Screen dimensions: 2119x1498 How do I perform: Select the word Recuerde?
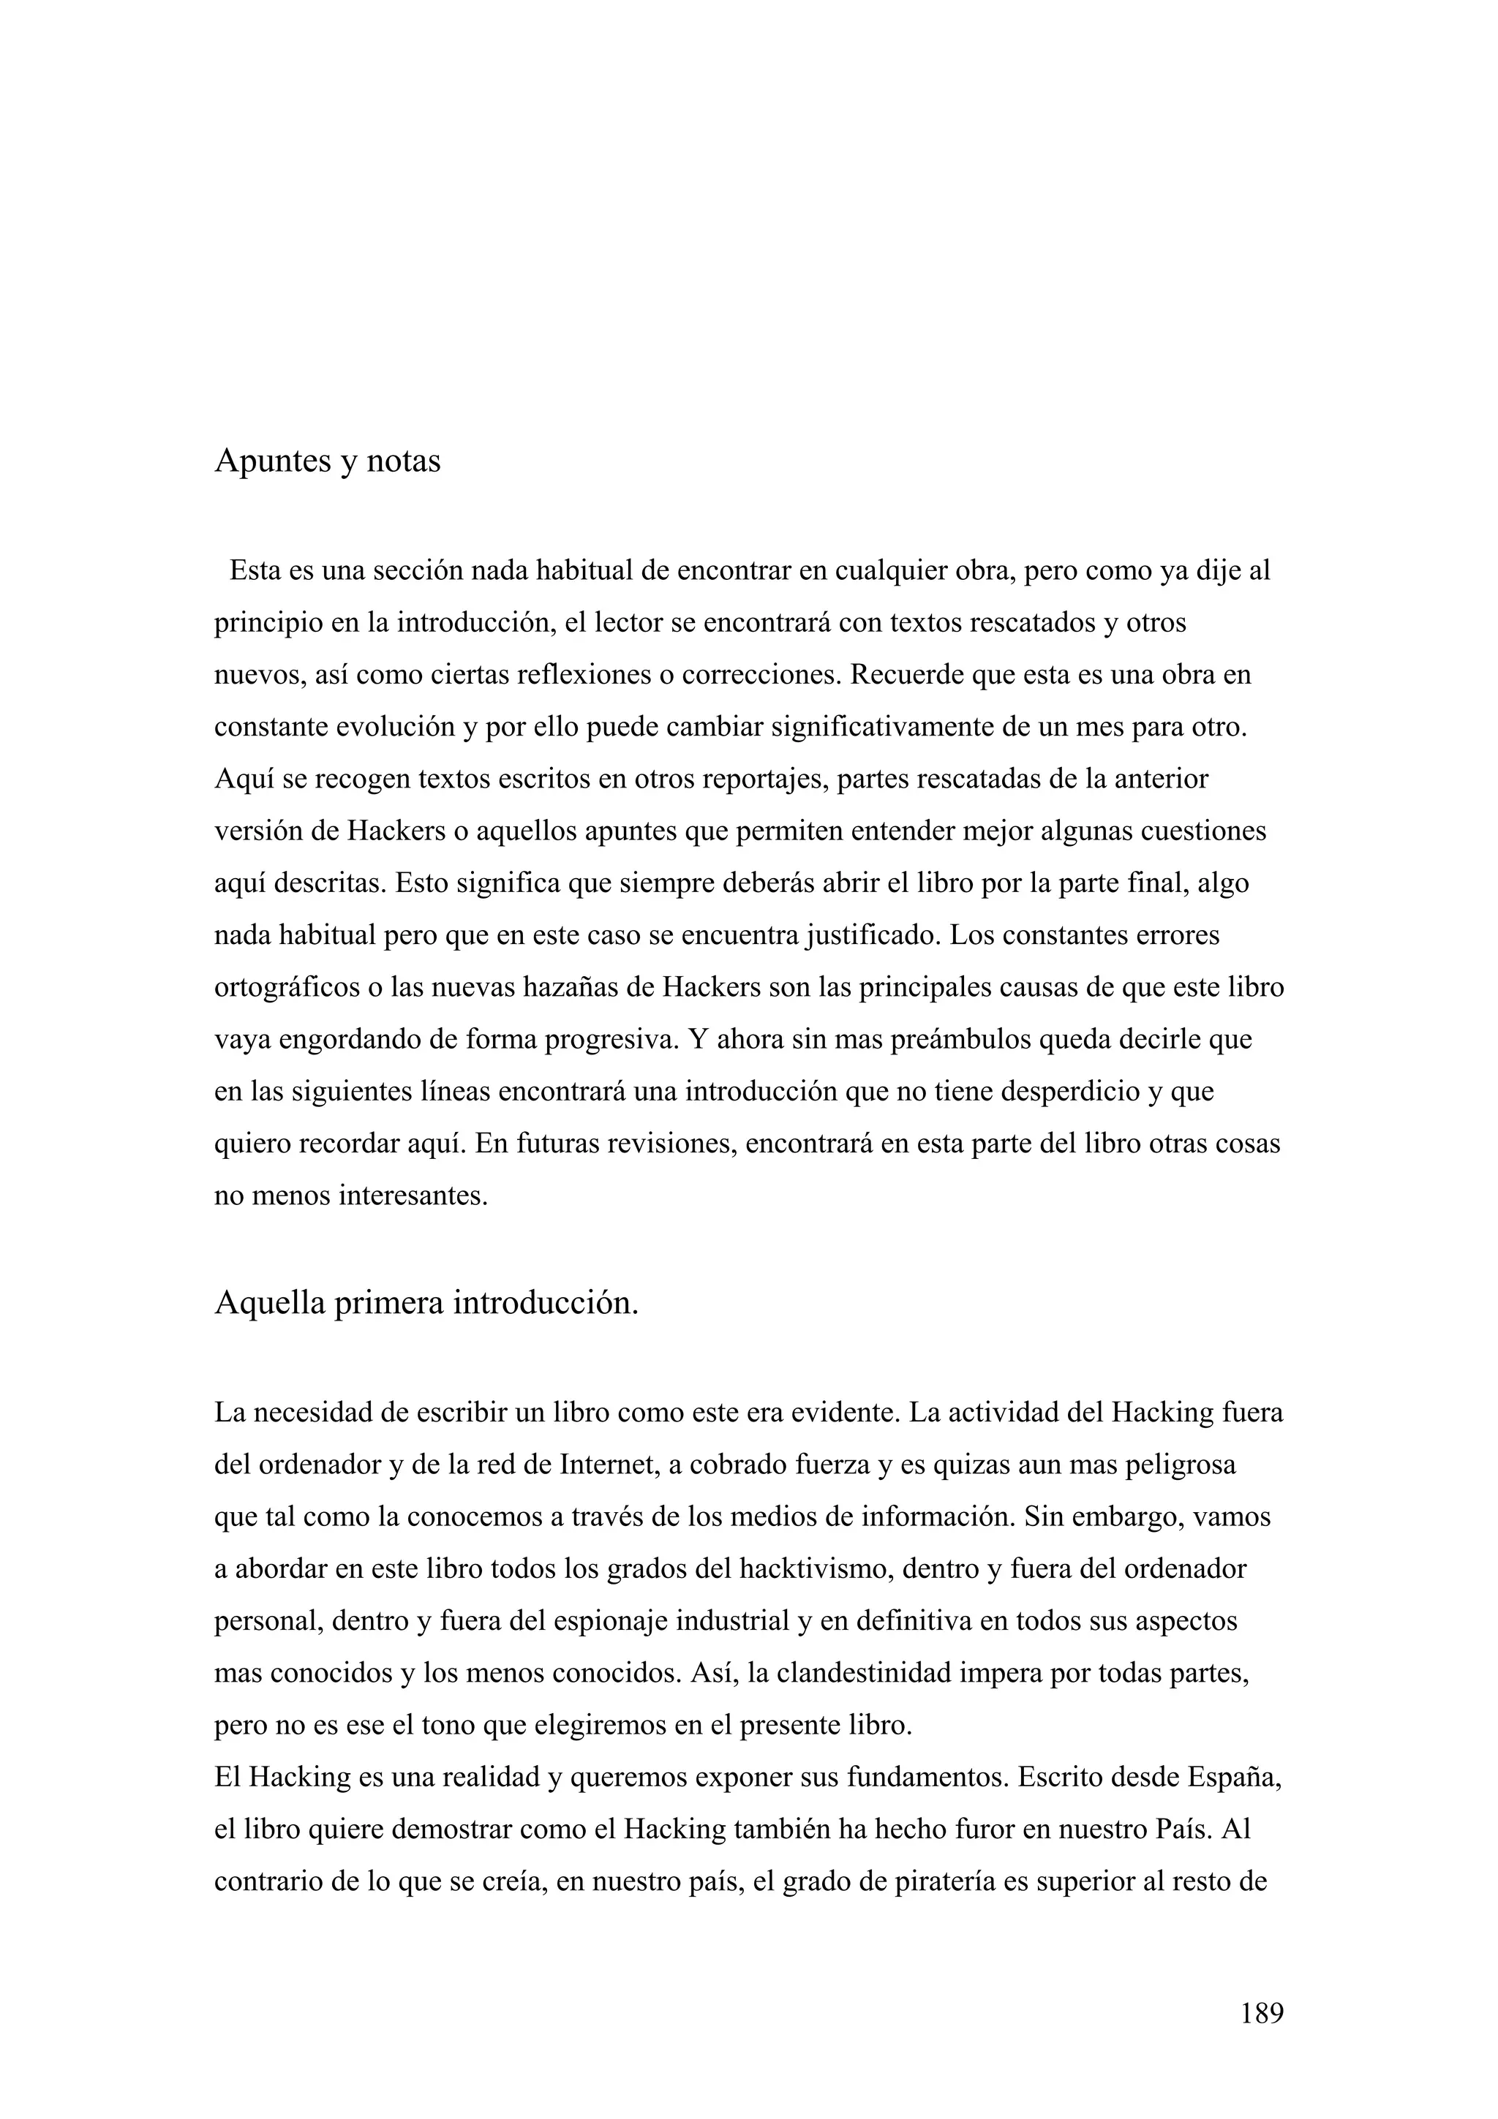click(x=906, y=675)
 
